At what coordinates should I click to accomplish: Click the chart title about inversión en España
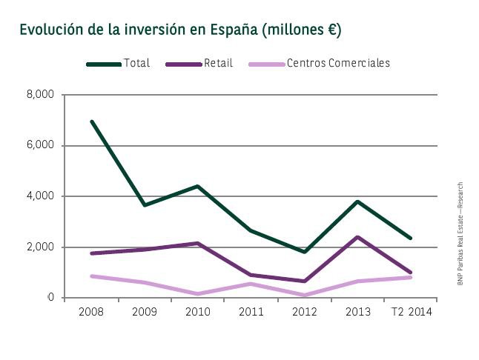point(180,30)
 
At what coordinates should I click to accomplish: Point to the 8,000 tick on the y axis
point(41,95)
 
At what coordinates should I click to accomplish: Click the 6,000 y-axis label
point(41,146)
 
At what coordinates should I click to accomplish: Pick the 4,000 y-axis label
point(41,196)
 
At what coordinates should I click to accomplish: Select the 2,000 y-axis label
point(41,247)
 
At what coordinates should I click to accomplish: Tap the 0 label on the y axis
point(51,298)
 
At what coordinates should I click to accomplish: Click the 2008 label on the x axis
point(91,312)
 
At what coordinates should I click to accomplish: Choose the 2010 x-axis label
point(197,312)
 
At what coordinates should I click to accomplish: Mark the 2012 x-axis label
point(304,312)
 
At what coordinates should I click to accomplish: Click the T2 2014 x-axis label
point(411,312)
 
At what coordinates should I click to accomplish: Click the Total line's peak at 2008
point(91,121)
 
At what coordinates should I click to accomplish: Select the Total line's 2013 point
point(357,201)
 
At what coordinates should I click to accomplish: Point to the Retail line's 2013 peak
point(357,237)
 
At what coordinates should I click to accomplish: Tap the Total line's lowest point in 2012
point(304,252)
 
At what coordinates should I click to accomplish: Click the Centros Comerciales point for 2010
point(197,294)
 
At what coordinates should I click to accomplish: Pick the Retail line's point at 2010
point(197,244)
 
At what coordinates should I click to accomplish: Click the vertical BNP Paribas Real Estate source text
point(460,233)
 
